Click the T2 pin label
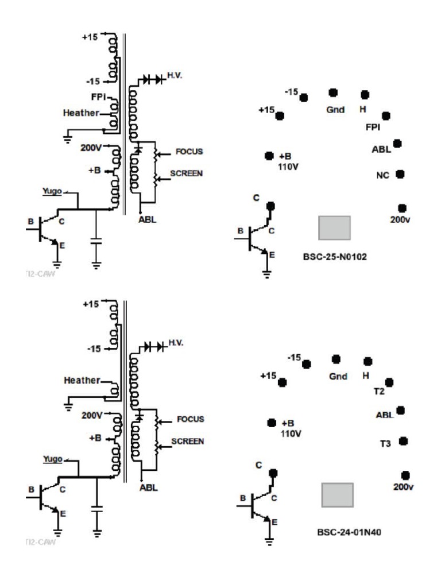pos(378,392)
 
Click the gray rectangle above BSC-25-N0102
pos(334,227)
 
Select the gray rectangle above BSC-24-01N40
pos(337,494)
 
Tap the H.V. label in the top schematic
pos(176,75)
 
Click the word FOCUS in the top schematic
pos(190,152)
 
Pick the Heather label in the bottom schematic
pos(82,380)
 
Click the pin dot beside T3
pos(403,441)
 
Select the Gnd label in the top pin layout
pos(336,109)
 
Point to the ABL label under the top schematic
pos(146,219)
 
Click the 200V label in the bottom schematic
pos(91,415)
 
